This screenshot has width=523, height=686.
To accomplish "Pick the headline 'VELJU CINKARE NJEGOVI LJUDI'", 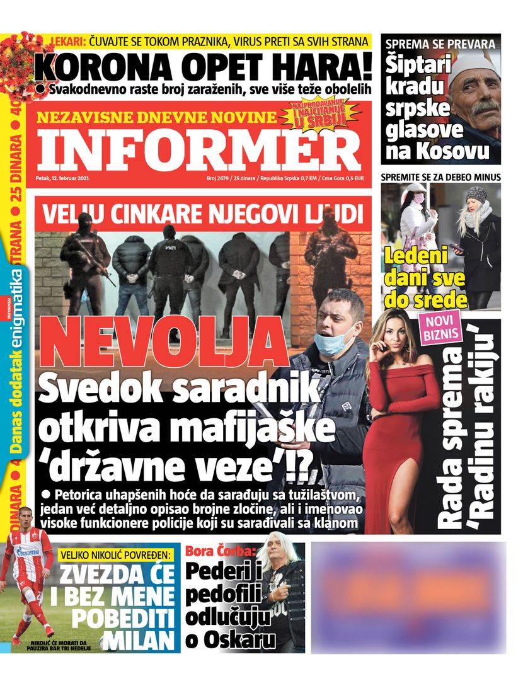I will (x=203, y=212).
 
